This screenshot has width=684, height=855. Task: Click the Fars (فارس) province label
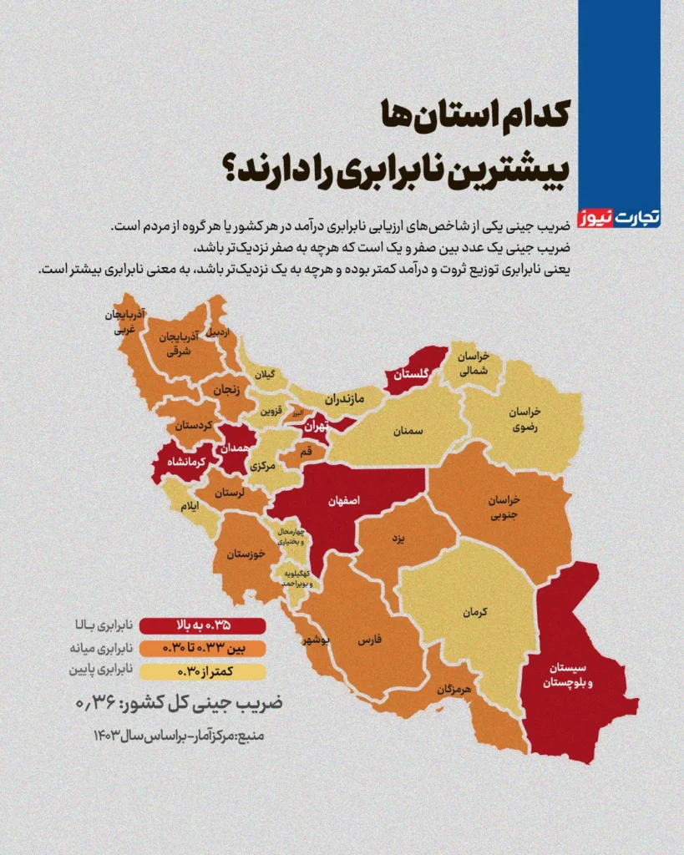click(369, 640)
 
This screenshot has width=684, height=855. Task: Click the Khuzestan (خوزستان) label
click(246, 554)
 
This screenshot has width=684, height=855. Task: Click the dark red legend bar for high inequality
click(202, 625)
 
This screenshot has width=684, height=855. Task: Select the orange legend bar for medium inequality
click(202, 648)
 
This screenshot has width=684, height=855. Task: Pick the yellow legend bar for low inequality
click(202, 670)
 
